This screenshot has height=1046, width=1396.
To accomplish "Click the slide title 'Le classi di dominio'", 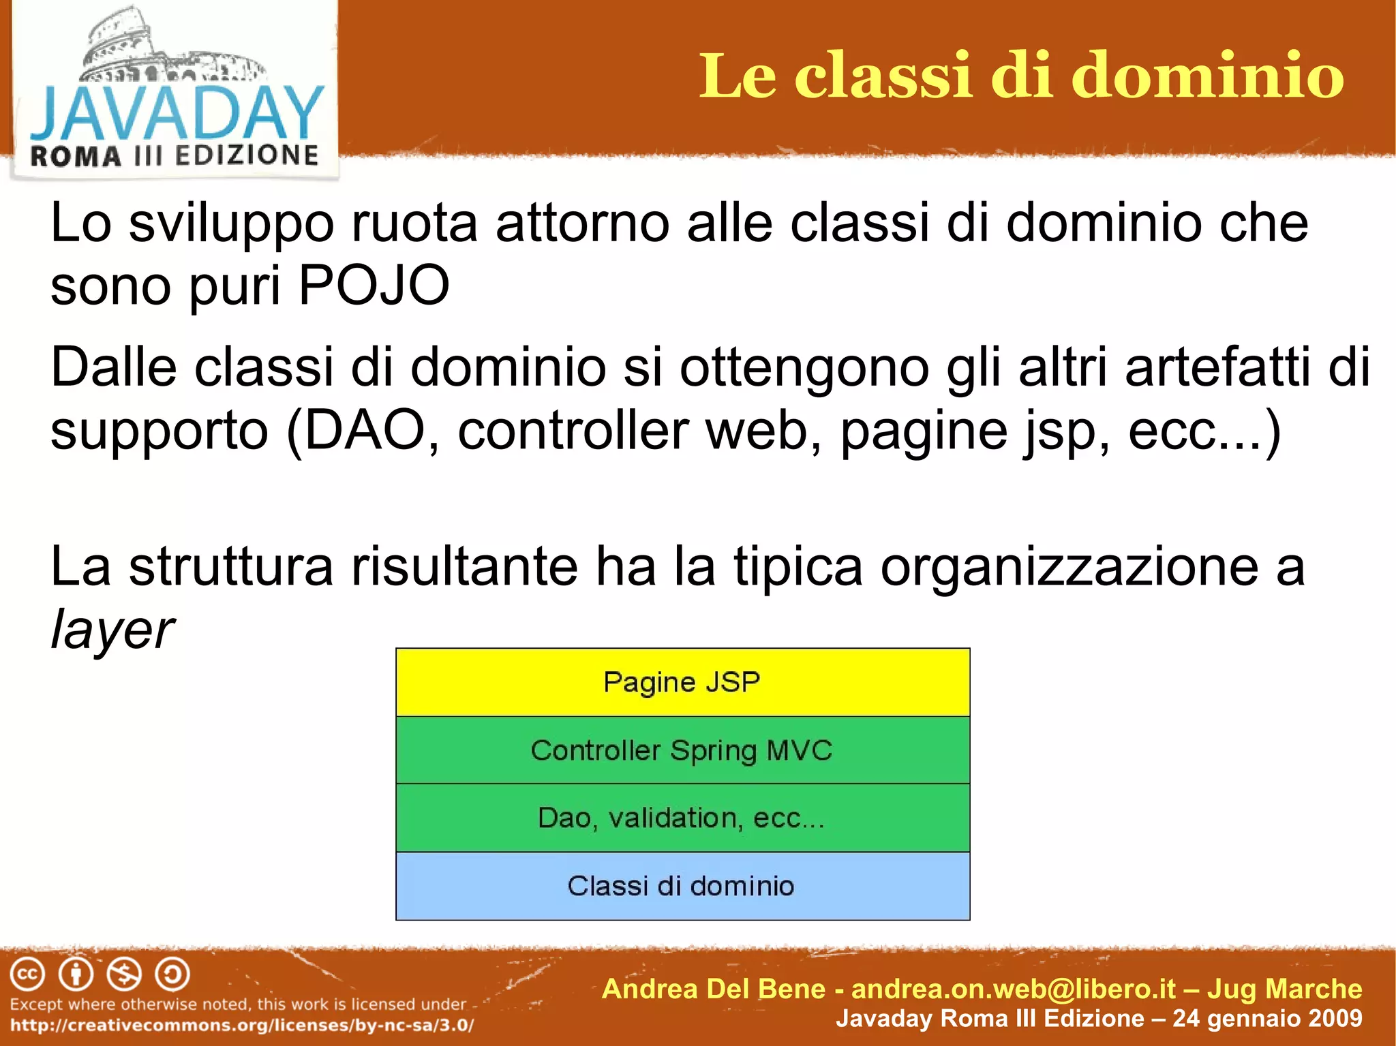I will pyautogui.click(x=1021, y=76).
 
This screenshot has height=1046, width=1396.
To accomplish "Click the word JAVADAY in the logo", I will pyautogui.click(x=176, y=113).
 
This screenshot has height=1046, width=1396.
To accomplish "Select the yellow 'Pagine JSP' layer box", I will pyautogui.click(x=682, y=682).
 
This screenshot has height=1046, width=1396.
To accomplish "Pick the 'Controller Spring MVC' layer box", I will pyautogui.click(x=682, y=750).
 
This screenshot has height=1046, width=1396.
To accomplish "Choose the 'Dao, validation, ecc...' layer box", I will pyautogui.click(x=682, y=818).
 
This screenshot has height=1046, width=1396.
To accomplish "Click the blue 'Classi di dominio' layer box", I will pyautogui.click(x=682, y=886).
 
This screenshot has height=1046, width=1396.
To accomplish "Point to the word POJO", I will pyautogui.click(x=374, y=285).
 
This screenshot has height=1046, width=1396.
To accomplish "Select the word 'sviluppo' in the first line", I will pyautogui.click(x=232, y=224).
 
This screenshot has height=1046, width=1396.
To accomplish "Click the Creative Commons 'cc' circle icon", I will pyautogui.click(x=27, y=974).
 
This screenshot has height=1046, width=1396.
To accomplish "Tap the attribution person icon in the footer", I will pyautogui.click(x=76, y=974).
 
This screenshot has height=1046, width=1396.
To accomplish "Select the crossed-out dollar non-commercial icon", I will pyautogui.click(x=124, y=974).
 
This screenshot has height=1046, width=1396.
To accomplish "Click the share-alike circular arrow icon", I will pyautogui.click(x=172, y=974).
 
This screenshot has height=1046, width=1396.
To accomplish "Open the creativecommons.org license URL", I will pyautogui.click(x=242, y=1025).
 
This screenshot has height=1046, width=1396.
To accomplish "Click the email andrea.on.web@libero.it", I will pyautogui.click(x=1014, y=989).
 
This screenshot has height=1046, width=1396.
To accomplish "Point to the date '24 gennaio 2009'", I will pyautogui.click(x=1267, y=1018).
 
